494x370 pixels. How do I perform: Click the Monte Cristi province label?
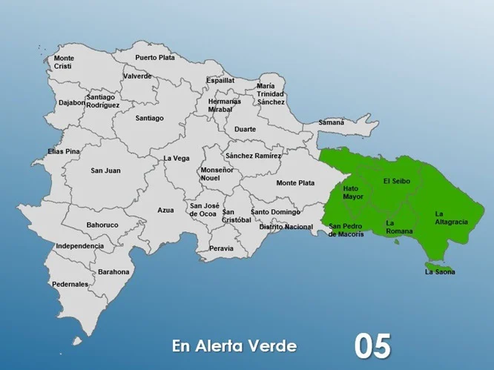[64, 62]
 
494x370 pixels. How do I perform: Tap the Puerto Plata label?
[155, 57]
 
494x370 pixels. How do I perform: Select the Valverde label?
[137, 76]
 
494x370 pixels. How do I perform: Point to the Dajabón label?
[72, 103]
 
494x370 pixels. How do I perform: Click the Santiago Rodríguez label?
[102, 101]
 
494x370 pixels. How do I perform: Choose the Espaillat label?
[220, 80]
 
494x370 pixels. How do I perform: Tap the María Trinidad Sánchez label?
[271, 93]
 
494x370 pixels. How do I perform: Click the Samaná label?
[332, 122]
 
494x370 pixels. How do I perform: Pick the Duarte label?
[245, 129]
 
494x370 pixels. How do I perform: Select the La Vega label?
[177, 158]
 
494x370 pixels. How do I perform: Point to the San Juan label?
[105, 171]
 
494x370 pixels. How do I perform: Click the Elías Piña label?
[63, 151]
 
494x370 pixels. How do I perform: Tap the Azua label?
[165, 210]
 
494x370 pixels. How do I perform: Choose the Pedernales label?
[70, 284]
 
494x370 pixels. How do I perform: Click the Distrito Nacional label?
[286, 226]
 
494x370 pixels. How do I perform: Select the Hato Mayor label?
[353, 193]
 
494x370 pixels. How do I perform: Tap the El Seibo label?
[397, 181]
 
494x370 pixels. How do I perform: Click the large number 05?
[372, 346]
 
